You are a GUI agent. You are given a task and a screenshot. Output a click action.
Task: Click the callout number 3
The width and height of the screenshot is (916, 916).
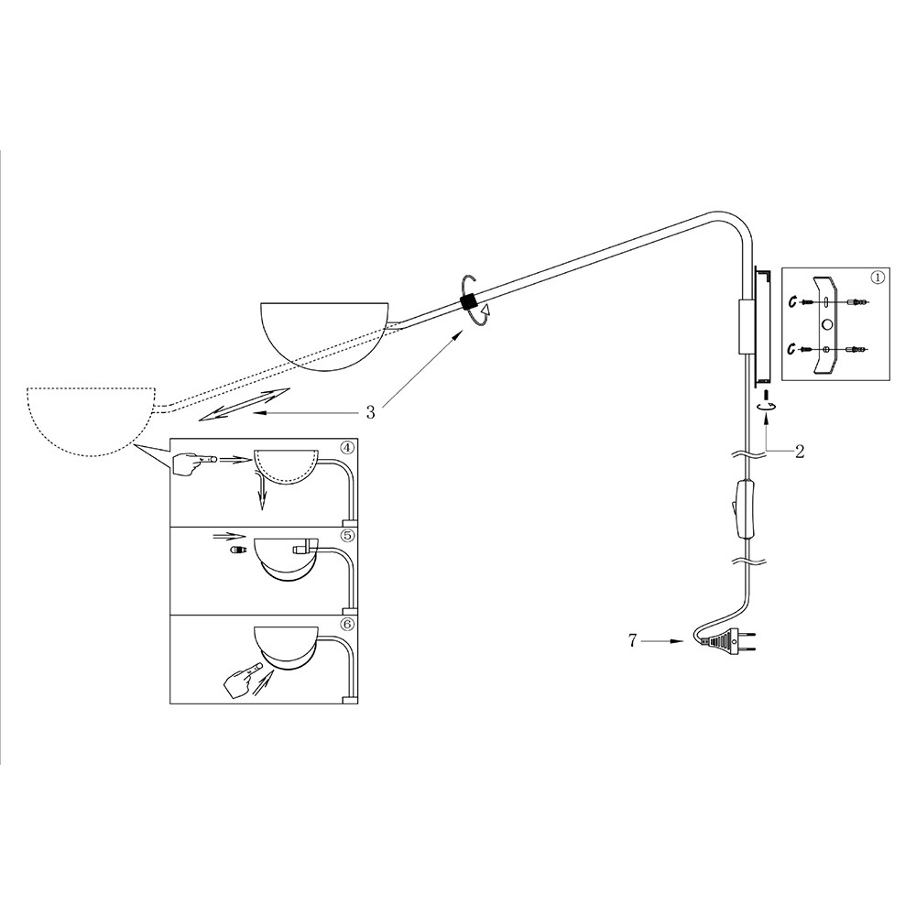tap(370, 412)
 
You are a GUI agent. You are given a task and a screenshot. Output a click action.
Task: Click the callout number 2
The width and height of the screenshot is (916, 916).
tap(799, 451)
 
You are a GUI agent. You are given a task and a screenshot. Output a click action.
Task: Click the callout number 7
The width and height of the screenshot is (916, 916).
tap(632, 641)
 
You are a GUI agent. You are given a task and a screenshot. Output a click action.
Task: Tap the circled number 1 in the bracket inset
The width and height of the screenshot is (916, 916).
tap(878, 278)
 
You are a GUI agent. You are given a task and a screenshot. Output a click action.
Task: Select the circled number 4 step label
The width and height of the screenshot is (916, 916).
tap(347, 448)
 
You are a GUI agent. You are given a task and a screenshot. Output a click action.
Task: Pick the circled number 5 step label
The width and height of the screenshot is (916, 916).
tap(347, 536)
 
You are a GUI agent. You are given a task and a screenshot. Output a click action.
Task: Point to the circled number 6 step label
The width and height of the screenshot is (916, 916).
tap(347, 624)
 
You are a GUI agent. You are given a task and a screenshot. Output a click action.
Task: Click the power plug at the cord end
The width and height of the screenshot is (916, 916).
tap(727, 641)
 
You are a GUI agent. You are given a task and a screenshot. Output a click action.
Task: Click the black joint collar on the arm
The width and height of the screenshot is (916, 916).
tap(469, 302)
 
